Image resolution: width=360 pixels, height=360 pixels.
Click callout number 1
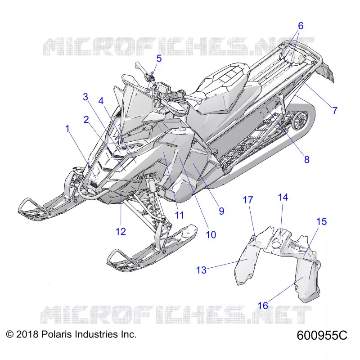[x=67, y=129]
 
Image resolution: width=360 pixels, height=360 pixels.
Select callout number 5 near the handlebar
[x=159, y=58]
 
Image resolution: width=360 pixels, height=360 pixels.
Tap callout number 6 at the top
[x=301, y=26]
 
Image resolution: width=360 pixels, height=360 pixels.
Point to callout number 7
[x=335, y=110]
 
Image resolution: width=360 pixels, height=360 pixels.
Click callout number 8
[x=307, y=159]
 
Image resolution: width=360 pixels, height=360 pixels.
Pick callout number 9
[x=221, y=211]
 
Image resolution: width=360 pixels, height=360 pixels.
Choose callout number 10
[x=211, y=234]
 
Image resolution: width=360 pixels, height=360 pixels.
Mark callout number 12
[x=121, y=231]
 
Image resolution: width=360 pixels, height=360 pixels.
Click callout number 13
[x=201, y=270]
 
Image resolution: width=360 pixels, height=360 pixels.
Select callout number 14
[x=283, y=197]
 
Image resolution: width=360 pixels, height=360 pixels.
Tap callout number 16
[x=263, y=306]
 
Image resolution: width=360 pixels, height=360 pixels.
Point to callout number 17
[x=248, y=200]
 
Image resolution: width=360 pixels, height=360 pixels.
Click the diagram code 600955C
[x=322, y=335]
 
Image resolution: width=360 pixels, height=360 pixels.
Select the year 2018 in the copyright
[x=27, y=334]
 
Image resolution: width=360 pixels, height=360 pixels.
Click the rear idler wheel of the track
[x=300, y=120]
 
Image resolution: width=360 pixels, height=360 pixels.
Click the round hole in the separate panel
[x=276, y=244]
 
